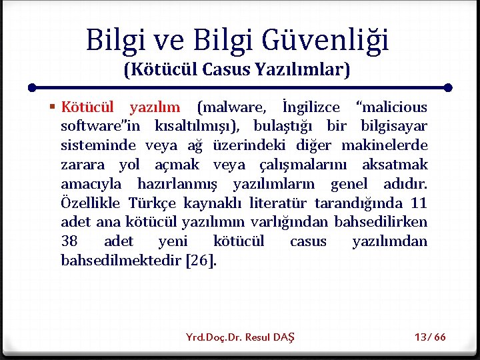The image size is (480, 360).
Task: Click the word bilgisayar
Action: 394,127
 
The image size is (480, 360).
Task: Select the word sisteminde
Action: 98,145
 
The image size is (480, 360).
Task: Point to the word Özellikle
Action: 90,203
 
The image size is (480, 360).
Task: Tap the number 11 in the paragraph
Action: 419,203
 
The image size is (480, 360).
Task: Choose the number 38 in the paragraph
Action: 69,241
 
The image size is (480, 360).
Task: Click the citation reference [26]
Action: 203,260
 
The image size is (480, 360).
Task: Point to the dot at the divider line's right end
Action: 448,87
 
